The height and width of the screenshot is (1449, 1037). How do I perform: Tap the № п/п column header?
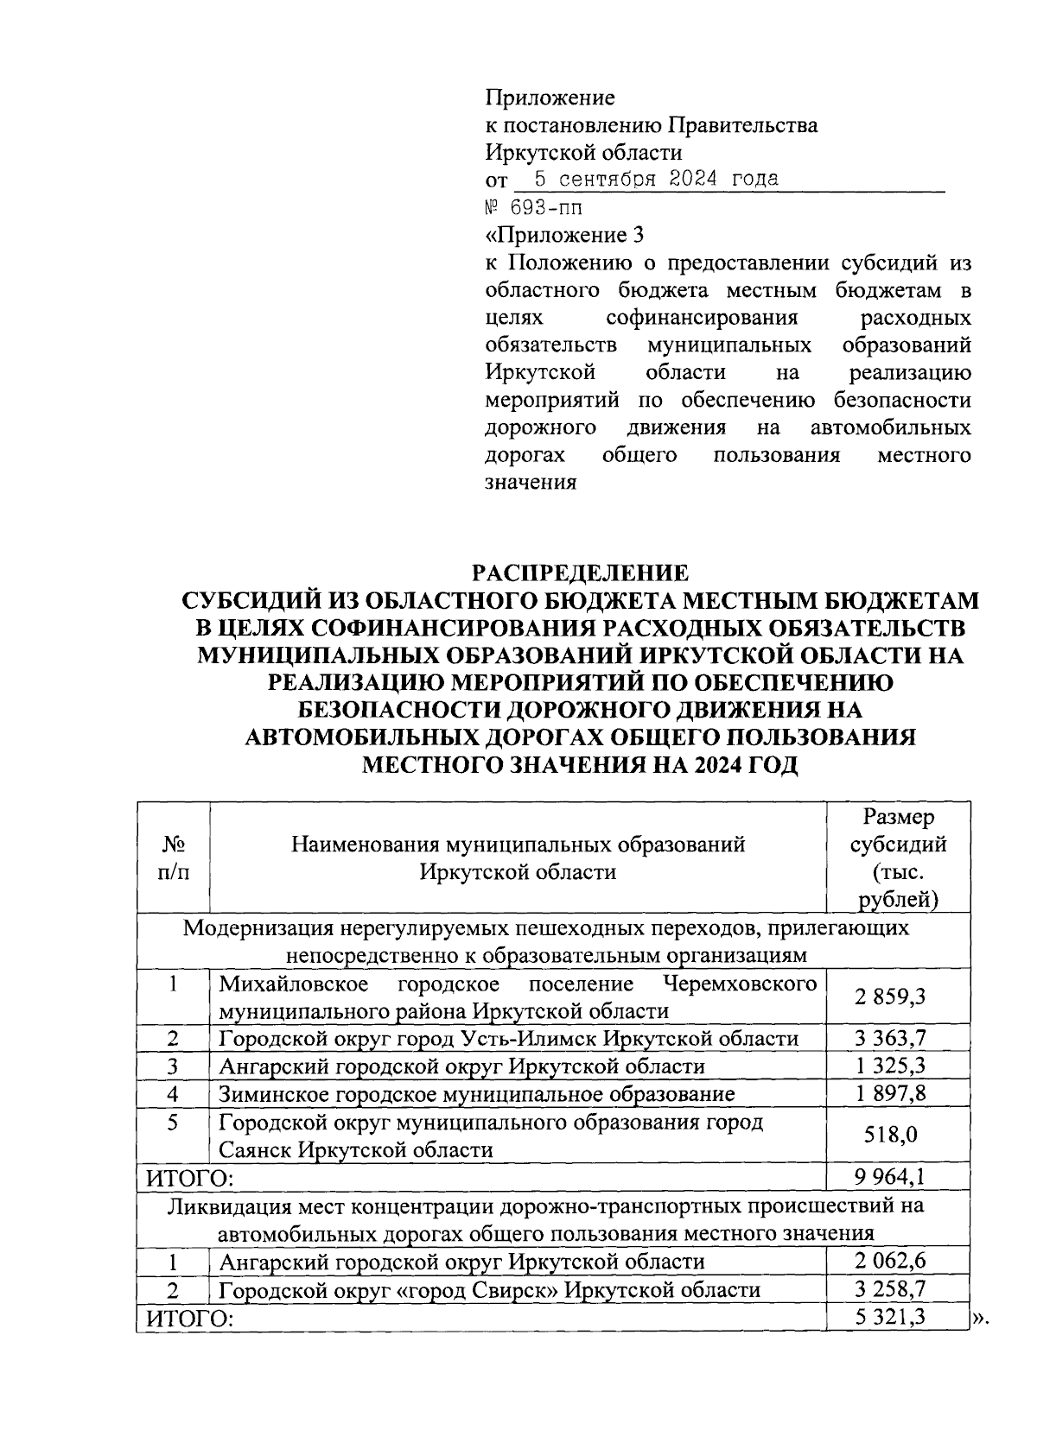[x=174, y=857]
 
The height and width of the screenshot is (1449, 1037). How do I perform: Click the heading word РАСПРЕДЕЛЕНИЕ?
[x=579, y=573]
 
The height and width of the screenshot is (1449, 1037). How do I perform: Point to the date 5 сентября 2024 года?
[x=657, y=180]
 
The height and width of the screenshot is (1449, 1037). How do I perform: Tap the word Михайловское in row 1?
[x=293, y=984]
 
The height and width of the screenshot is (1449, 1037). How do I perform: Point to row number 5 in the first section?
[x=174, y=1123]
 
